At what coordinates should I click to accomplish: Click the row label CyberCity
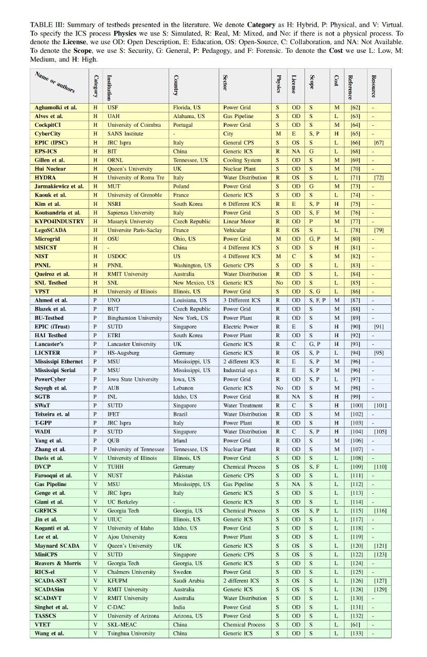(46, 134)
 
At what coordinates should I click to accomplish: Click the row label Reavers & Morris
(57, 563)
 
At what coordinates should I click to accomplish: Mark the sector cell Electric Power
(240, 326)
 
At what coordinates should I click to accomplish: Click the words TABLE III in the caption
(46, 25)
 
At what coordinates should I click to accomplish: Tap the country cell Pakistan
(185, 475)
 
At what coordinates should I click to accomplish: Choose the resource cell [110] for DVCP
(380, 467)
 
